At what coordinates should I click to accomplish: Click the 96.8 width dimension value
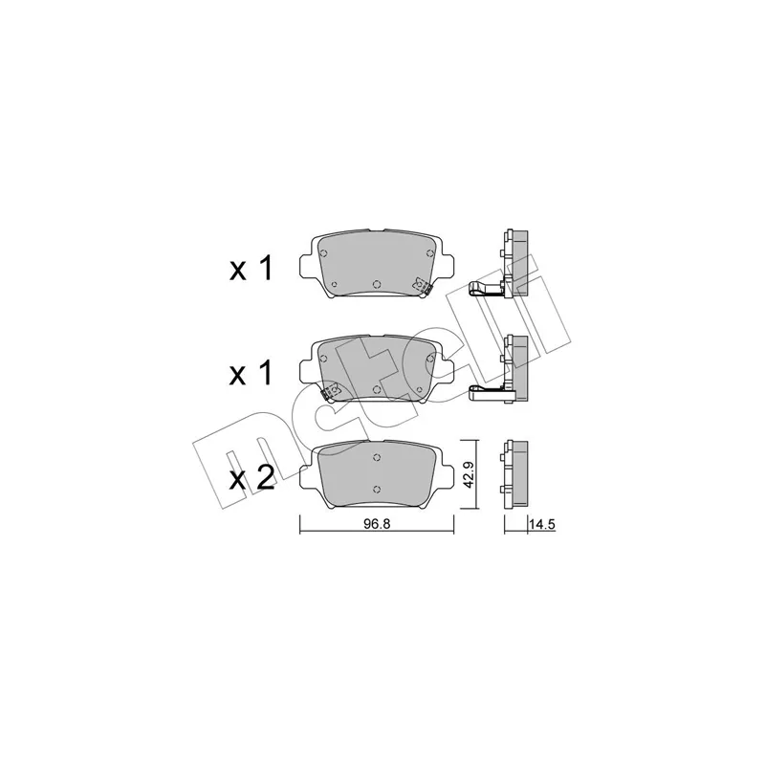[377, 524]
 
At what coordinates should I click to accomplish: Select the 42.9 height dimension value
[469, 475]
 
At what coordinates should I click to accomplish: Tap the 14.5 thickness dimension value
[541, 524]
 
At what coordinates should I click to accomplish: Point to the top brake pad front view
[376, 264]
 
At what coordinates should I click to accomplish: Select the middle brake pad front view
[376, 369]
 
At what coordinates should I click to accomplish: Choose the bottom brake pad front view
[376, 474]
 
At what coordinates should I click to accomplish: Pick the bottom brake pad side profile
[514, 473]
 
